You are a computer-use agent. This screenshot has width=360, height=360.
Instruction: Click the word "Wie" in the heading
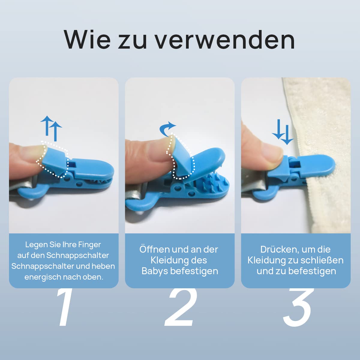coord(87,40)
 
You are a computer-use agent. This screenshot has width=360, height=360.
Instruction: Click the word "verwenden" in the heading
coord(225,40)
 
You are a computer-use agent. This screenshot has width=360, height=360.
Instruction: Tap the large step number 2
coord(181,307)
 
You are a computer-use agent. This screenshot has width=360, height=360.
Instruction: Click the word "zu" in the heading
coord(133,42)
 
